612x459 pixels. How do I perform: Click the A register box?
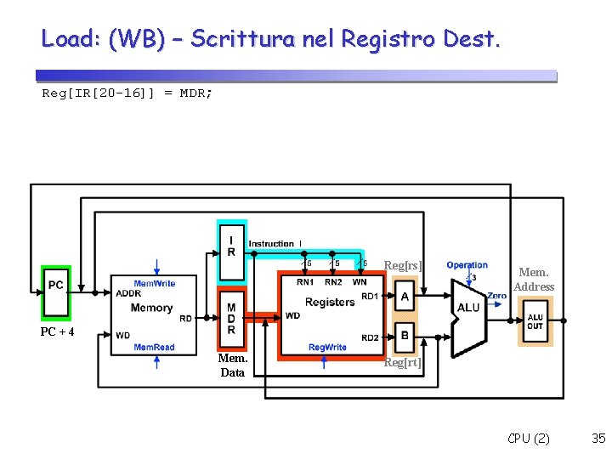coord(405,296)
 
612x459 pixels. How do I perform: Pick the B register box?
coord(405,336)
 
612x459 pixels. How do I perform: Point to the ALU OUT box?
coord(535,322)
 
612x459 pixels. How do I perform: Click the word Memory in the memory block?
coord(152,307)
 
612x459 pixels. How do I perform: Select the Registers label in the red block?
coord(330,302)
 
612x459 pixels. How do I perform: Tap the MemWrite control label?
coord(155,283)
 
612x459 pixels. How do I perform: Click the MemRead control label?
coord(154,347)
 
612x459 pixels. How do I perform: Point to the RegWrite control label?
coord(327,347)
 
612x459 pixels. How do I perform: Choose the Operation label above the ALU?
coord(467,265)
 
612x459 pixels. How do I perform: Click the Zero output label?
coord(497,296)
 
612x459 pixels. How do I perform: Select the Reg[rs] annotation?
coord(403,266)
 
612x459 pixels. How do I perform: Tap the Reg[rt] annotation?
coord(403,363)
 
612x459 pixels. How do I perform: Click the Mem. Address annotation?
coord(534,279)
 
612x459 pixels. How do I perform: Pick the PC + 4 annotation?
coord(58,331)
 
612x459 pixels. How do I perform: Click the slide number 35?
coord(598,439)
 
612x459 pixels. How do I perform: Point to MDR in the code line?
coord(194,93)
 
